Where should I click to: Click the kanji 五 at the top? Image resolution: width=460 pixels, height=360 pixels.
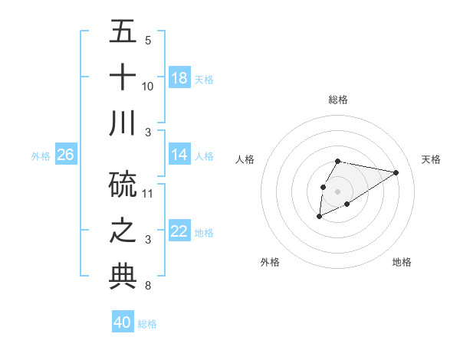pos(123,31)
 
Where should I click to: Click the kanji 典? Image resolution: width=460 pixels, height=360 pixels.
pos(123,276)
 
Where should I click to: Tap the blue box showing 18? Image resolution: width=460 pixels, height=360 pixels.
pos(179,78)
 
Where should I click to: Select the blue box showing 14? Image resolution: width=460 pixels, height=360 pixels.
pos(179,155)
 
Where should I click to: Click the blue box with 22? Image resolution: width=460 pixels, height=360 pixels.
pos(179,231)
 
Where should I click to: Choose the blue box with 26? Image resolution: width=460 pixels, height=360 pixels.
pos(66,155)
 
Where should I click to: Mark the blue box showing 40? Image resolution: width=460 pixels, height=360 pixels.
pos(123,322)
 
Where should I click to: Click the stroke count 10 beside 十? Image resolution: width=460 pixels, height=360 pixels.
pos(148,86)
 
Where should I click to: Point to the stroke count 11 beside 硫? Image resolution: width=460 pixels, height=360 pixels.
pos(148,193)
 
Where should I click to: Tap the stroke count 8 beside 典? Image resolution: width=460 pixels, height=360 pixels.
pos(148,286)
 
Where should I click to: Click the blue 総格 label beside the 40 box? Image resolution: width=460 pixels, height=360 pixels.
pos(147,324)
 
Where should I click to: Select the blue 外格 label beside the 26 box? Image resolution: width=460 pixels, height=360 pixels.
pos(41,156)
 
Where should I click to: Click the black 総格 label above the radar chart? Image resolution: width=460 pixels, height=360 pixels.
pos(338,100)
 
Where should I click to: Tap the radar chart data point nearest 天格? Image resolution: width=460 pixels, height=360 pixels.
pos(396,172)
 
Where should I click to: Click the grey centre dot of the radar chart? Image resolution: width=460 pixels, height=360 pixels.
pos(337,190)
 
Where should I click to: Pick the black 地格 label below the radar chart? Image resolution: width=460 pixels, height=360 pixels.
pos(402,262)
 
